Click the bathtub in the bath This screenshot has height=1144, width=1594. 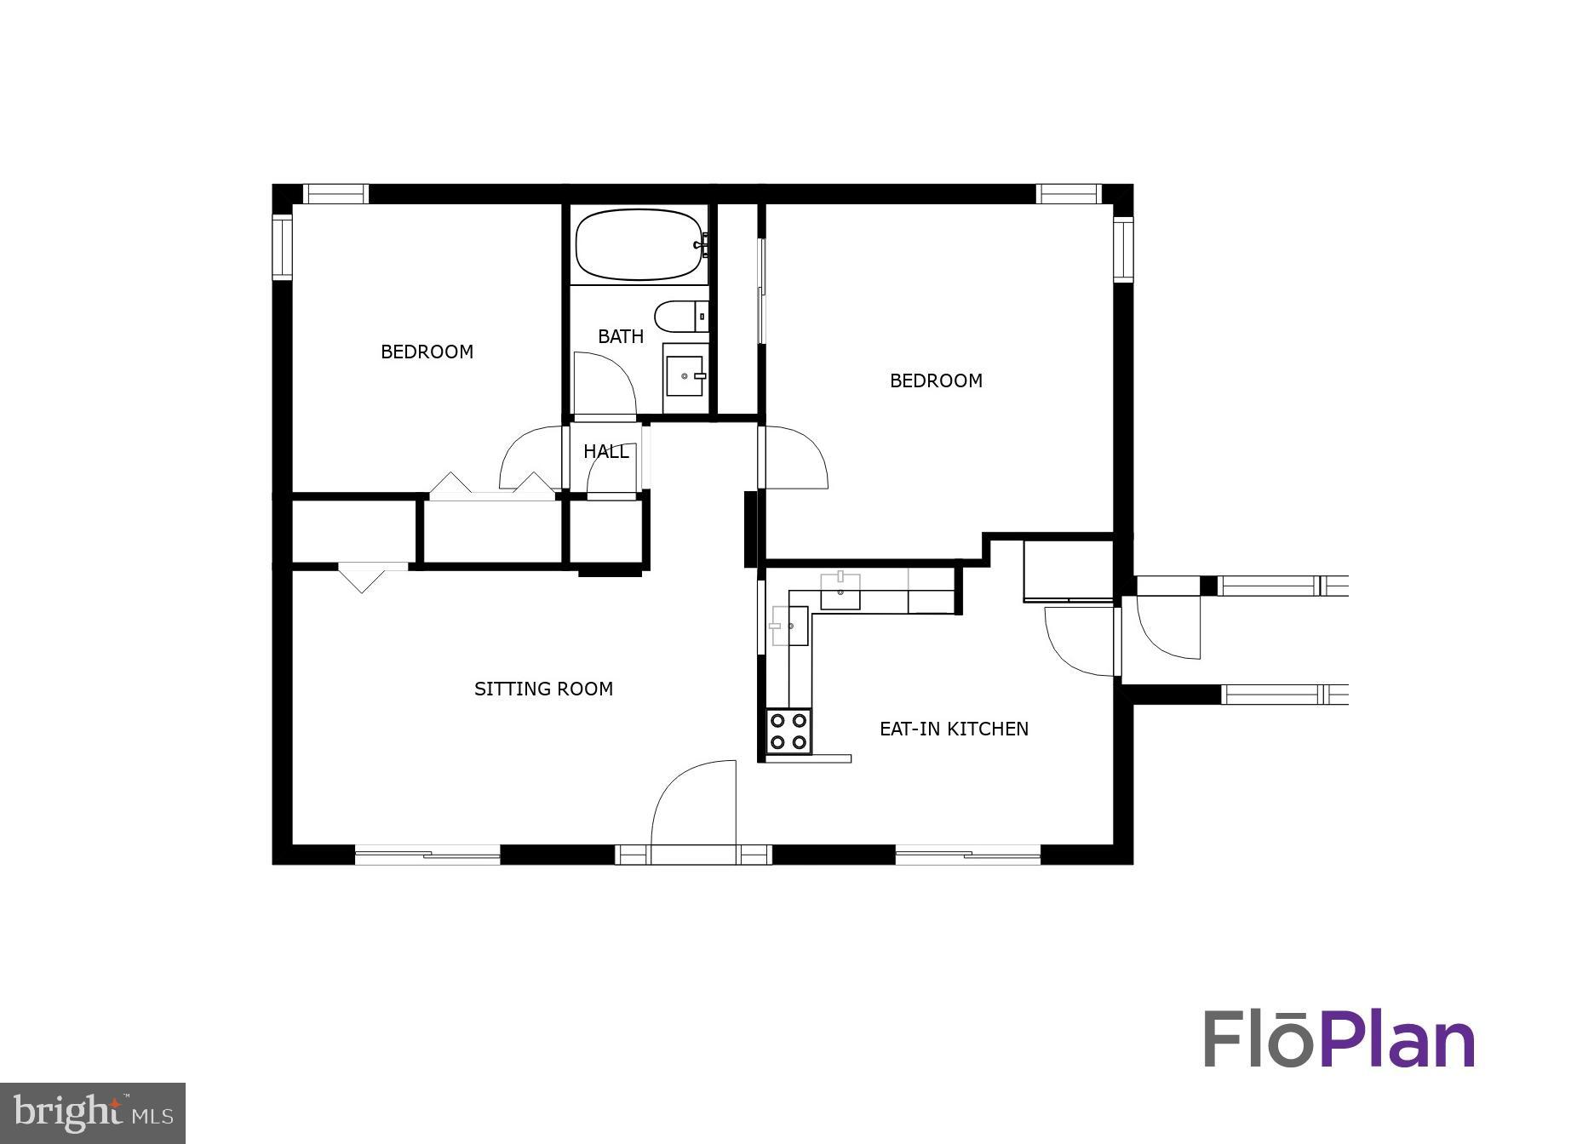coord(639,245)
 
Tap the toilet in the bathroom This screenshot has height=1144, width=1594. coord(681,317)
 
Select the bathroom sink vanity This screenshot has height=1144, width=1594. coord(685,376)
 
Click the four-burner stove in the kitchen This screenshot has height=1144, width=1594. coord(788,731)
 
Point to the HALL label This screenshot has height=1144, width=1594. coord(606,452)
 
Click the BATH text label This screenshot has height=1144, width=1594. coord(621,337)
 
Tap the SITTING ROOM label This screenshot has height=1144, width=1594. coord(543,689)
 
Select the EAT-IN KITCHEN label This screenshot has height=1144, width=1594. coord(954,729)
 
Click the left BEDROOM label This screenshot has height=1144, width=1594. coord(427,352)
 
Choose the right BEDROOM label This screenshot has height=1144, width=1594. coord(936,381)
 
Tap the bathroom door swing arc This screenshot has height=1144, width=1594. coord(603,385)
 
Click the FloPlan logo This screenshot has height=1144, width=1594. coord(1339,1039)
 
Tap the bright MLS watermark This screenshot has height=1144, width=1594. coord(93,1113)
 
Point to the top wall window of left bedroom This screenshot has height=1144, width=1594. coord(337,194)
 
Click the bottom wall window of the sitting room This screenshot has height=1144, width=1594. coord(427,855)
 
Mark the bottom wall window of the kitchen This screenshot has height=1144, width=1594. coord(968,855)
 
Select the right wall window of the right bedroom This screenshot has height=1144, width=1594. coord(1123,249)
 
